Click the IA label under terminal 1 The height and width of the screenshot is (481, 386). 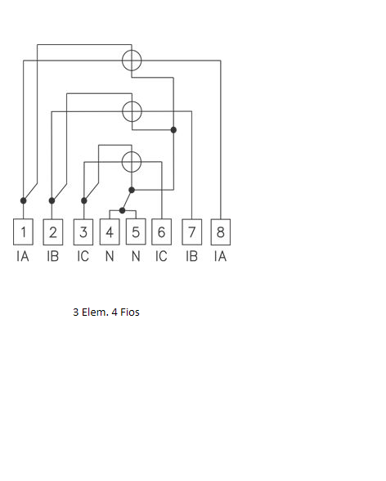click(x=23, y=256)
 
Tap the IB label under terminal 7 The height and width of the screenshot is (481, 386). click(x=192, y=256)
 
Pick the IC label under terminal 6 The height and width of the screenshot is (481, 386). click(x=161, y=256)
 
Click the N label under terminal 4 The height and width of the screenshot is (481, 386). click(x=110, y=256)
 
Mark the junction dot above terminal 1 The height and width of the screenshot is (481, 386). click(x=23, y=200)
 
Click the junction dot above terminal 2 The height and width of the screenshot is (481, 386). click(x=52, y=200)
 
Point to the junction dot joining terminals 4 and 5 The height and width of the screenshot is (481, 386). click(x=122, y=210)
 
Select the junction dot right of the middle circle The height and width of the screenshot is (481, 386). click(x=173, y=130)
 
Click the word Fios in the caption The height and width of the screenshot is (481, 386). click(x=130, y=312)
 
